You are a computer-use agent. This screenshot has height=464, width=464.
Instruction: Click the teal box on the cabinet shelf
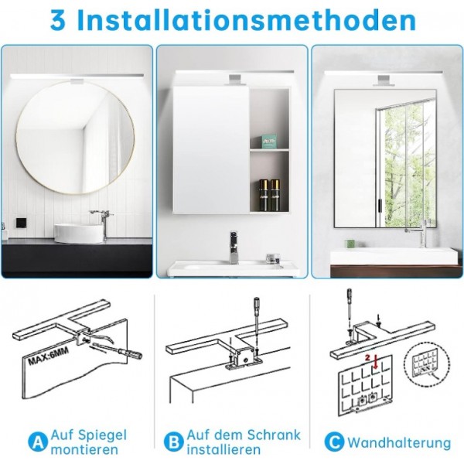tap(268, 141)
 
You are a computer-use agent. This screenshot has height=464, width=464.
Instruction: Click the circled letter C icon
tap(333, 442)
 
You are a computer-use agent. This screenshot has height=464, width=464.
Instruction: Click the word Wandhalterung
tap(399, 443)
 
